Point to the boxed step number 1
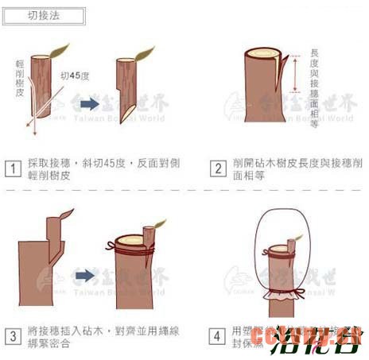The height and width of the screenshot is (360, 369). (13, 168)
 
